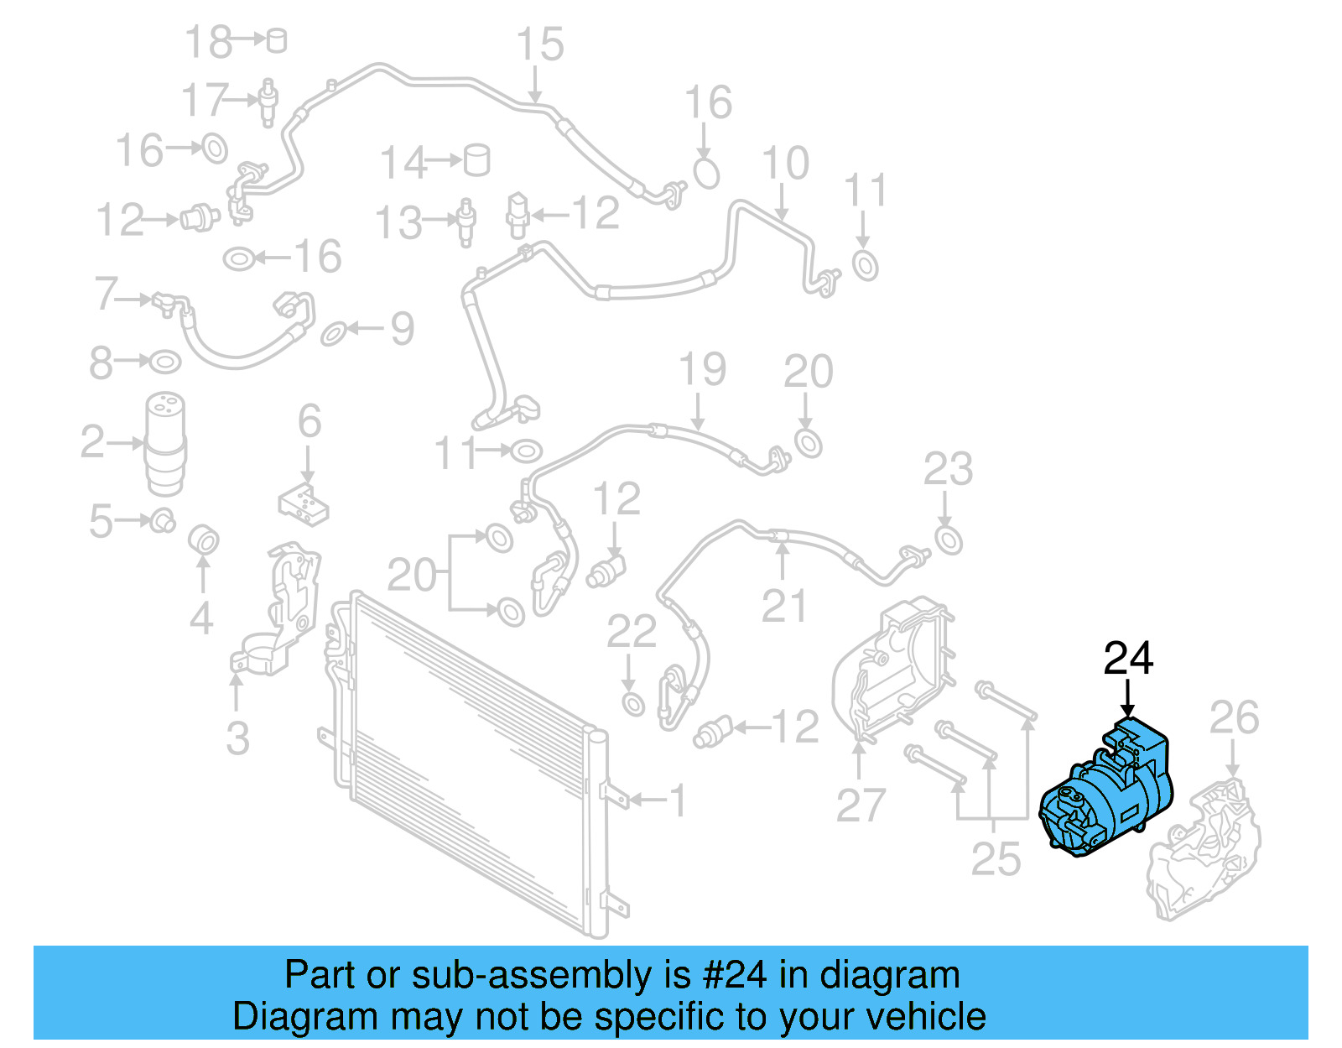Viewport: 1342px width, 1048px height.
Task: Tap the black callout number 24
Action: [x=1128, y=659]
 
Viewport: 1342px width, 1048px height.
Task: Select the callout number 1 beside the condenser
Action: [x=679, y=800]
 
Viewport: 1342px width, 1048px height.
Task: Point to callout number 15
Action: [x=539, y=44]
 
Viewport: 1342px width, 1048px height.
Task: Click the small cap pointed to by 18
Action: [x=277, y=40]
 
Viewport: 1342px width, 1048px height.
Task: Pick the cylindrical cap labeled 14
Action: [x=477, y=159]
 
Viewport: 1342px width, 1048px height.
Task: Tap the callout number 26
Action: [x=1234, y=718]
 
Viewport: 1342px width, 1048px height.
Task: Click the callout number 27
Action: [x=861, y=806]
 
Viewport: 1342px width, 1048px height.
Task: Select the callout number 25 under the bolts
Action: [x=996, y=859]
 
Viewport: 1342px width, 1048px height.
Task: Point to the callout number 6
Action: [x=309, y=421]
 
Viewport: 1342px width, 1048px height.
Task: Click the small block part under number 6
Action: [x=304, y=503]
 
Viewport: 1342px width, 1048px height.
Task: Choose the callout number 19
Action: [x=702, y=370]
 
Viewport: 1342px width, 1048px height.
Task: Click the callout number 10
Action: [x=785, y=163]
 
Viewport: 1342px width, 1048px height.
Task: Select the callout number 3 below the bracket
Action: [x=237, y=738]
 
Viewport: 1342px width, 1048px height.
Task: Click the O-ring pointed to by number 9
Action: [x=334, y=333]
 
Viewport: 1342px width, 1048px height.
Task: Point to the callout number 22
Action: [x=631, y=632]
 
